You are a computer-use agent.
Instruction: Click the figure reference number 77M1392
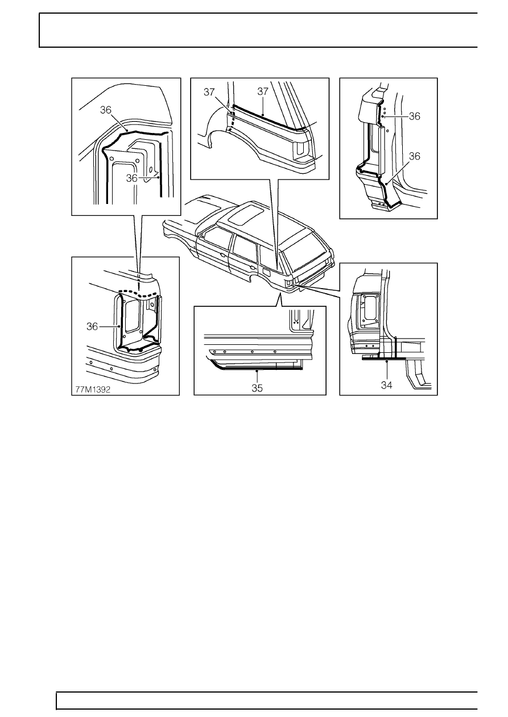[93, 390]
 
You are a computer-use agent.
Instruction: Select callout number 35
[257, 388]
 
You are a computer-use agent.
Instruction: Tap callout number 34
[386, 385]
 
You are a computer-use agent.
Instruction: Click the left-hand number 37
[209, 92]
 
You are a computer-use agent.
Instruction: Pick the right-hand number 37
[262, 91]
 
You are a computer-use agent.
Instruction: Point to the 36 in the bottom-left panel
[92, 327]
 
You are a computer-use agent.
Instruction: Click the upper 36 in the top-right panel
[414, 116]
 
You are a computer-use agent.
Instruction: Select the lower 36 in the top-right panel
[414, 156]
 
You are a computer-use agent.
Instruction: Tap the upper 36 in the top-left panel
[105, 110]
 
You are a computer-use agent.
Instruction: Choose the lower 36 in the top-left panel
[132, 178]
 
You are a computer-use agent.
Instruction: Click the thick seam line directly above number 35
[257, 369]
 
